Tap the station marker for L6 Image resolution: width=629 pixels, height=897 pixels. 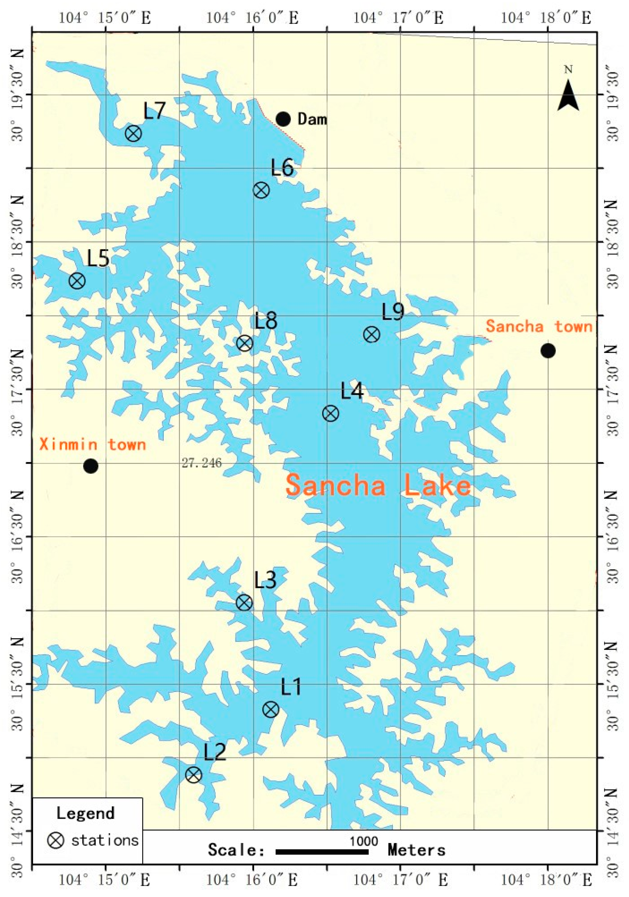click(261, 190)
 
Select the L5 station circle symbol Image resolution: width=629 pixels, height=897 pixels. click(77, 281)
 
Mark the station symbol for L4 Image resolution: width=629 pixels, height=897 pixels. click(331, 413)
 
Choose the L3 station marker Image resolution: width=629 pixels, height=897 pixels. click(244, 603)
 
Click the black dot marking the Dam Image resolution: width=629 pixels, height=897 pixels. click(283, 119)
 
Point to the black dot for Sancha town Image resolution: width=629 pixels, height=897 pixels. click(548, 351)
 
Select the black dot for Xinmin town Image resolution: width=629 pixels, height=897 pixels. click(91, 466)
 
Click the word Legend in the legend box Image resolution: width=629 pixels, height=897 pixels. click(85, 813)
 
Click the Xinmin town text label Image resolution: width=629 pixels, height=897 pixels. click(93, 445)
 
